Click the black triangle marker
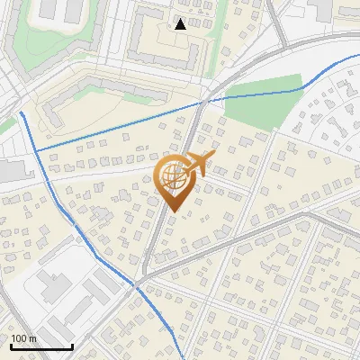pyautogui.click(x=181, y=24)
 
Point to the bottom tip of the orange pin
pyautogui.click(x=173, y=211)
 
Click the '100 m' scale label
pyautogui.click(x=23, y=338)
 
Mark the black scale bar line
pyautogui.click(x=41, y=346)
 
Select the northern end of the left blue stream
pyautogui.click(x=20, y=113)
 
